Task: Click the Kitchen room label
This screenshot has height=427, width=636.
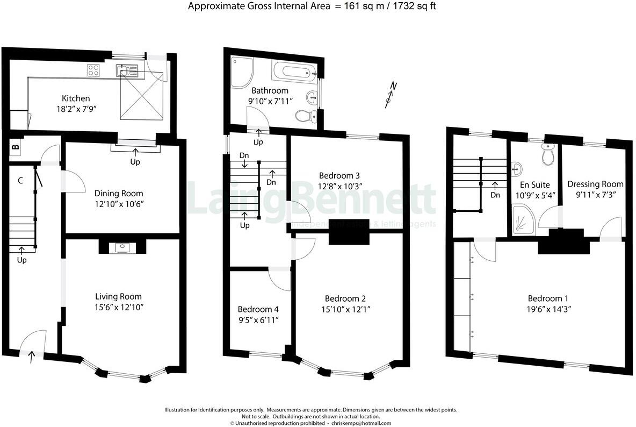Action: pyautogui.click(x=76, y=98)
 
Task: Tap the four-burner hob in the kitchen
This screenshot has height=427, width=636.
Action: pyautogui.click(x=93, y=69)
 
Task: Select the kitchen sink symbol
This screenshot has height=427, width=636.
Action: pyautogui.click(x=128, y=69)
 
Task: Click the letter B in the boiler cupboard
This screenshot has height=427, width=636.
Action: pyautogui.click(x=16, y=146)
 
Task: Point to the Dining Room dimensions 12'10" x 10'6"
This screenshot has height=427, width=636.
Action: pyautogui.click(x=119, y=204)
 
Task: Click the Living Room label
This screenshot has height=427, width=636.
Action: pyautogui.click(x=118, y=296)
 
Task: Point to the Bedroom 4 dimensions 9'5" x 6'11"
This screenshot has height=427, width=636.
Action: pyautogui.click(x=258, y=320)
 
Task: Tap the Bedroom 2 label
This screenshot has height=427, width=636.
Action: pyautogui.click(x=345, y=298)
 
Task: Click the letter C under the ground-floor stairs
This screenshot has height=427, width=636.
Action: pyautogui.click(x=20, y=181)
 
